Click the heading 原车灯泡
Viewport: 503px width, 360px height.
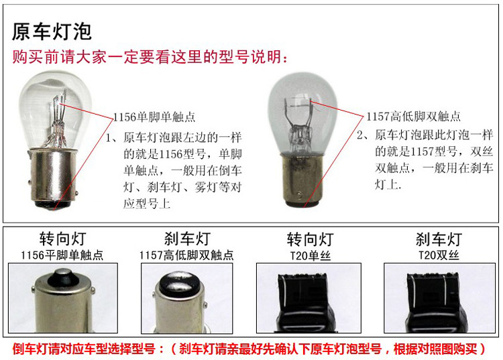tap(52, 32)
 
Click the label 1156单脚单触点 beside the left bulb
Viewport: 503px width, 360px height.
tap(154, 117)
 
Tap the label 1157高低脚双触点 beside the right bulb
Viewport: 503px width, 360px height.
tap(414, 117)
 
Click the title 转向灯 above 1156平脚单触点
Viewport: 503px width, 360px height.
tap(62, 239)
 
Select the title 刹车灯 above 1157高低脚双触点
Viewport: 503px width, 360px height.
tap(187, 239)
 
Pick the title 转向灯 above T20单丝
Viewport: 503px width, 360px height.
tap(311, 239)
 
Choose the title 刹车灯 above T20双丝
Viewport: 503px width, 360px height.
tap(439, 239)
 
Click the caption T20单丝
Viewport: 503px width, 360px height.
tap(311, 255)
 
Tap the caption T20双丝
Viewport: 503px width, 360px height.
tap(439, 255)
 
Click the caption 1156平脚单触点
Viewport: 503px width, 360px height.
tap(62, 255)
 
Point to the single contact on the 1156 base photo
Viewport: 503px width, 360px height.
tap(63, 278)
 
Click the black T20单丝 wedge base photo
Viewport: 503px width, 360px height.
tap(308, 298)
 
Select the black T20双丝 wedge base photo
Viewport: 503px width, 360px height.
tap(439, 298)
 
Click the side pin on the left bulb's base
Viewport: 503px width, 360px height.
tap(76, 192)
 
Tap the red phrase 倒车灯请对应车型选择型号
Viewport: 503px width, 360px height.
tap(84, 349)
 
